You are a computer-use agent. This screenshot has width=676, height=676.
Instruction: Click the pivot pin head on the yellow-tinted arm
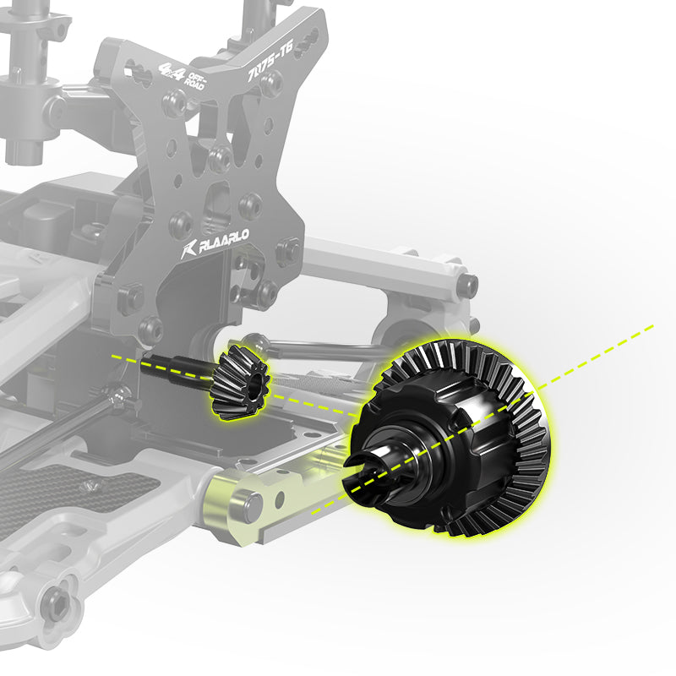(251, 504)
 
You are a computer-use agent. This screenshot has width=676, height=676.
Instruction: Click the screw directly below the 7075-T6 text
(270, 82)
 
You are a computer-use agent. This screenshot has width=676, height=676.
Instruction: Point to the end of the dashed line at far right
(652, 324)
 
